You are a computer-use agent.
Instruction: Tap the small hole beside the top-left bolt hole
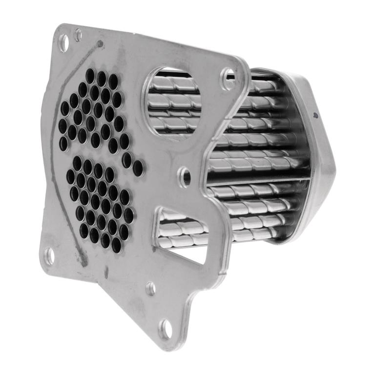pos(78,35)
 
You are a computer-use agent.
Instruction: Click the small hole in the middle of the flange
pos(186,176)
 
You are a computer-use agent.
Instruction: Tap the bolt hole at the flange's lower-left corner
pos(50,255)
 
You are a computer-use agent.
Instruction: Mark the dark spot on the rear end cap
pos(315,115)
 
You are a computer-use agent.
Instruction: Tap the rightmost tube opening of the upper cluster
pos(138,168)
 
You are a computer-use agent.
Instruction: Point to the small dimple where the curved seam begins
pos(100,44)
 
